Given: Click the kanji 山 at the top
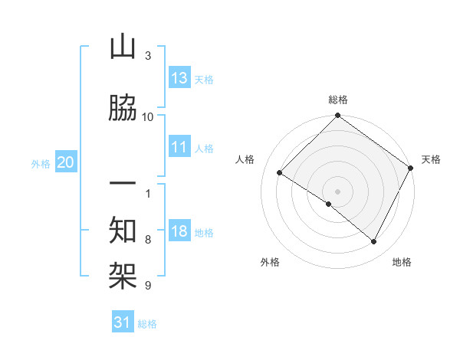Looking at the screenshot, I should tap(123, 48).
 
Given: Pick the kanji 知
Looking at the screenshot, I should tap(123, 229).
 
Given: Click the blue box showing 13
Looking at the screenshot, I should tap(179, 78).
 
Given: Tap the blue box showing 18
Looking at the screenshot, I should tap(179, 232).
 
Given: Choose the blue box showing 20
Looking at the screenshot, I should tap(65, 162).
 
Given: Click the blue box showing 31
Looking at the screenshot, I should tap(122, 322).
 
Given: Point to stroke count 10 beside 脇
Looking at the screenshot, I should tap(148, 116).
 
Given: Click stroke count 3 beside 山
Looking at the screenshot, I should tap(148, 56).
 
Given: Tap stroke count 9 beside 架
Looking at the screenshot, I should tap(148, 286).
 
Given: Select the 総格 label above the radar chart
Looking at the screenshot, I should tap(338, 100).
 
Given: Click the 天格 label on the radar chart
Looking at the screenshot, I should tap(431, 159).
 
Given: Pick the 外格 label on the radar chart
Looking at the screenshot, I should tap(270, 263).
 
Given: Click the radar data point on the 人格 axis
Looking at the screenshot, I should tap(280, 172).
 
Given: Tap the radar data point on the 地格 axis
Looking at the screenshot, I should tap(374, 242).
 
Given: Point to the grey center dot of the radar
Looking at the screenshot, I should tap(337, 191).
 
